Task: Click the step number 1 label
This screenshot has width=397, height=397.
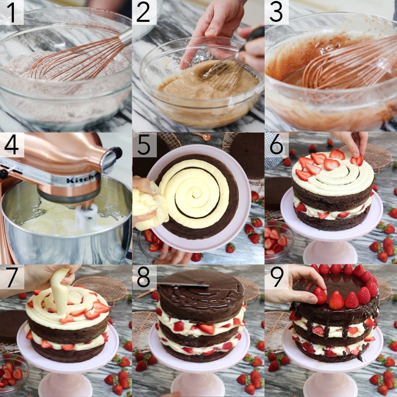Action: (x=11, y=12)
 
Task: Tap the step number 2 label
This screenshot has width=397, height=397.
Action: (x=144, y=12)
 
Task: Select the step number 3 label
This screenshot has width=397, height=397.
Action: (x=276, y=12)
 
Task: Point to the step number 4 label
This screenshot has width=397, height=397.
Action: (x=11, y=144)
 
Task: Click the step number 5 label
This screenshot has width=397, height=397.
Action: (x=144, y=144)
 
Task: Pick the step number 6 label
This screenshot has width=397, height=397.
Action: (x=276, y=144)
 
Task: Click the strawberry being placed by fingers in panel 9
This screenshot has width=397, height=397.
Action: (x=320, y=296)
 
